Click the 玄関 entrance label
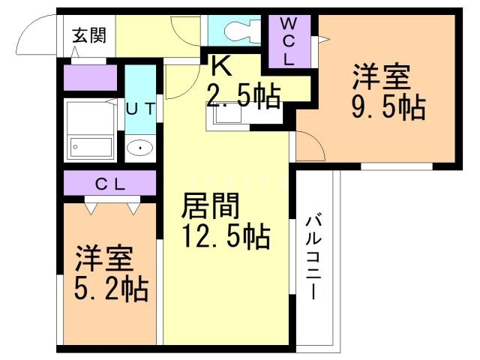click(x=88, y=35)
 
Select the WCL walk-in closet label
click(x=288, y=42)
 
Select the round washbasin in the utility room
click(x=139, y=148)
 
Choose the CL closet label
click(x=109, y=182)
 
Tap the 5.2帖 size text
click(x=110, y=287)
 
